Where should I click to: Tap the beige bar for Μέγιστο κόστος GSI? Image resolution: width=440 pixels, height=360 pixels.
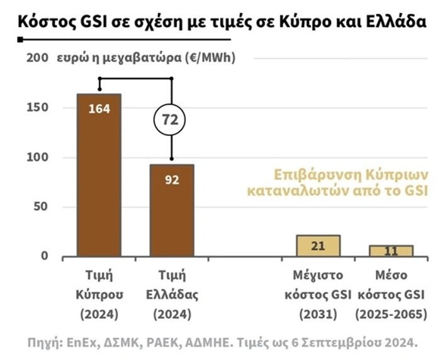point(318,245)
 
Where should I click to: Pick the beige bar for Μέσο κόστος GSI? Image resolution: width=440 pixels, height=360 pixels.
point(391,250)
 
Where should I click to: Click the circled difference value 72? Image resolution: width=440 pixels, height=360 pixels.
point(171,118)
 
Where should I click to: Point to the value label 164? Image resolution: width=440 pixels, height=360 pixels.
point(99,108)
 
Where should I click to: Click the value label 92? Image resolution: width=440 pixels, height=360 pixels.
point(171,180)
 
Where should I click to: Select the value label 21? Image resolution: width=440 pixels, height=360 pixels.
point(318,245)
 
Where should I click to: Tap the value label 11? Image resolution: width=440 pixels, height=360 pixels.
point(391,251)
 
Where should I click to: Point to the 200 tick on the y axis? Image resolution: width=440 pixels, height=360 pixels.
point(37,58)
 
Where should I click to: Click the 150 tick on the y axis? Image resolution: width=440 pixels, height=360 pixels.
point(37,108)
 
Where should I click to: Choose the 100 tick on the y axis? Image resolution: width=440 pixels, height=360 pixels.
point(37,157)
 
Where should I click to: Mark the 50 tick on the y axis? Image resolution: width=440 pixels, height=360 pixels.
point(40,206)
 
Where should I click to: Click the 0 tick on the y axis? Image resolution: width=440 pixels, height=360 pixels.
point(44,256)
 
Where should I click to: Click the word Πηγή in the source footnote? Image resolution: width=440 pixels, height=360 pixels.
point(43,343)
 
